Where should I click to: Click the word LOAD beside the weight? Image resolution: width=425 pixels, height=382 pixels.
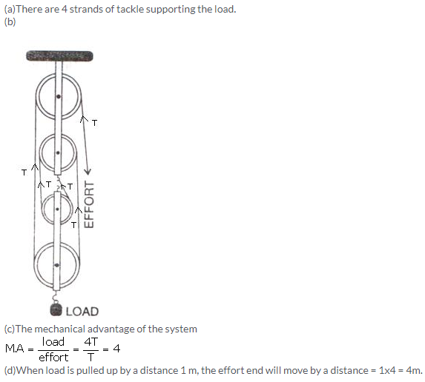[x=82, y=312]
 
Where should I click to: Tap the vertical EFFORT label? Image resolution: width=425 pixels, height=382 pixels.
[x=89, y=204]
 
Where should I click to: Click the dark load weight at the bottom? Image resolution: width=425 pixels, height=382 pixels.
[x=56, y=309]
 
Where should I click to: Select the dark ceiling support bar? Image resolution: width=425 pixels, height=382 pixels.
[x=59, y=56]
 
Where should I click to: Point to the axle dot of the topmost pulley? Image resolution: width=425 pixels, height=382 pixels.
[x=59, y=96]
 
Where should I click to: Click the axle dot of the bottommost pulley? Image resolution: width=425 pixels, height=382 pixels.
[x=56, y=265]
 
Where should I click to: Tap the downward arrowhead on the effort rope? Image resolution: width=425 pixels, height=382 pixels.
[x=88, y=172]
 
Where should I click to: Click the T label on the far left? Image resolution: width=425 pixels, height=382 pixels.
[x=24, y=172]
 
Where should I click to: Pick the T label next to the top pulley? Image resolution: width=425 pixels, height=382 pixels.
[x=94, y=123]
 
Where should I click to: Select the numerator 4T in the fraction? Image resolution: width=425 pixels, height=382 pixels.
[x=90, y=342]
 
